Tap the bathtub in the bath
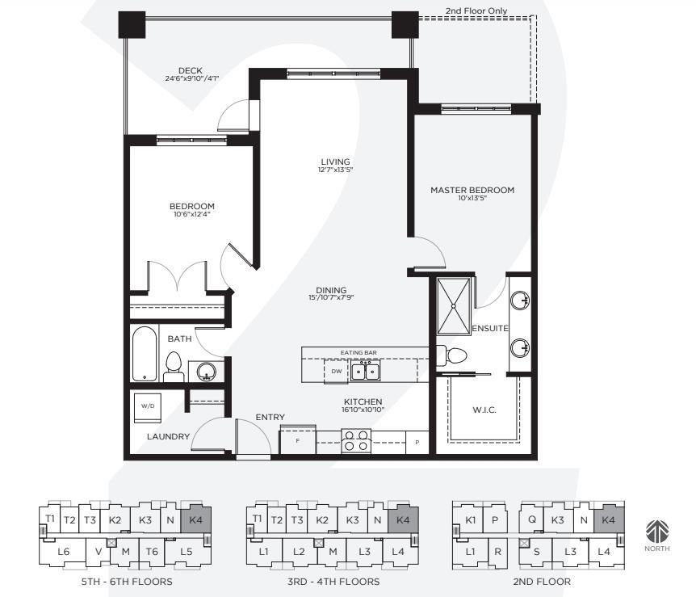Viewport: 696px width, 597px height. tap(145, 354)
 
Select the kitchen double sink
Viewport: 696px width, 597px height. tap(365, 371)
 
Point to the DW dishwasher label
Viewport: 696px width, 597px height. tap(337, 372)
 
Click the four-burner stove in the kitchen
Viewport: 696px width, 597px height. tap(356, 440)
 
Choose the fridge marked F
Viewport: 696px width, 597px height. tap(297, 439)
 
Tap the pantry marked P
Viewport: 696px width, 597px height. tap(417, 443)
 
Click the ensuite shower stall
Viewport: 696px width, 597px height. tap(453, 306)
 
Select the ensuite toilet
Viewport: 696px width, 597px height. tap(452, 355)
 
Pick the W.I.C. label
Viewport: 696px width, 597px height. tap(484, 410)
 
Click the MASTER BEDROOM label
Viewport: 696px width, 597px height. tap(472, 190)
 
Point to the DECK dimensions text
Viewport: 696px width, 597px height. tap(192, 78)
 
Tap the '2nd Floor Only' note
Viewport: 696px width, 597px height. tap(476, 11)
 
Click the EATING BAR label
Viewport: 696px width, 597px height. tap(358, 353)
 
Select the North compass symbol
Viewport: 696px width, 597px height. tap(657, 532)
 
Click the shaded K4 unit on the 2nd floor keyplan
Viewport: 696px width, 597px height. tap(609, 519)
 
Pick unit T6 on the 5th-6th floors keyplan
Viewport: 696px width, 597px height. tap(152, 552)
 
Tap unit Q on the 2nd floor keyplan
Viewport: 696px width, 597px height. tap(532, 519)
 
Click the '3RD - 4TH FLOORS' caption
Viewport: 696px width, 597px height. tap(333, 582)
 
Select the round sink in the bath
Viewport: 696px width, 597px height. tap(206, 371)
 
